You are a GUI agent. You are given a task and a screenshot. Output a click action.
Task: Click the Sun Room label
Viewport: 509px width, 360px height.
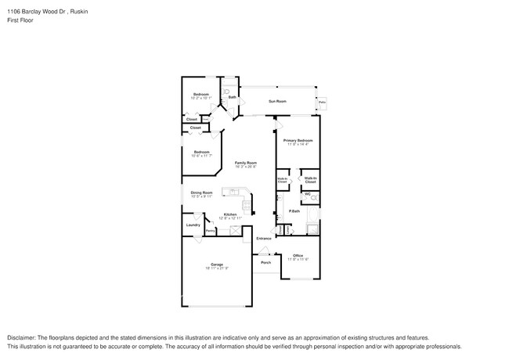pos(277,101)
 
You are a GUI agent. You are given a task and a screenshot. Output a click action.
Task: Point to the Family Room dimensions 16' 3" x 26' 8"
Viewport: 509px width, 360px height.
pos(246,167)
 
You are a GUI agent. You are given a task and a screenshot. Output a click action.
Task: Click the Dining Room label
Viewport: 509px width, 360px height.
pos(201,192)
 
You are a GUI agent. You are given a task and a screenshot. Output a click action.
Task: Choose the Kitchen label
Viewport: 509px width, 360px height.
pos(230,214)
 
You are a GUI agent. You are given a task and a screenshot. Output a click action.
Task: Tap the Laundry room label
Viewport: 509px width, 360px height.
pos(193,225)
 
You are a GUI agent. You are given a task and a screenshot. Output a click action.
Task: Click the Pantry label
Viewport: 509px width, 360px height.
pos(211,231)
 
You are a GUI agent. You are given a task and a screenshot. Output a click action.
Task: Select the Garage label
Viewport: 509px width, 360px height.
pos(216,264)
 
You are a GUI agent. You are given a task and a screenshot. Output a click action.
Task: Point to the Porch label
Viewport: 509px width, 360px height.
pos(266,263)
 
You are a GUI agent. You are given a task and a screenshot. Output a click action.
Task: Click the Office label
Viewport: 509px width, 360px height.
pos(298,255)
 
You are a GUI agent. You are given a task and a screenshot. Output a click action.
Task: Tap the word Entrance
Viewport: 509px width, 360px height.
pos(264,238)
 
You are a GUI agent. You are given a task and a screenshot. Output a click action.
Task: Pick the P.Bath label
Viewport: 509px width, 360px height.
pos(295,211)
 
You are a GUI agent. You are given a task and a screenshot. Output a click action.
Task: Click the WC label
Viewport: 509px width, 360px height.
pos(308,194)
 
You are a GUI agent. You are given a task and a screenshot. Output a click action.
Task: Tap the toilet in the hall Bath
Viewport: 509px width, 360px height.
pos(226,92)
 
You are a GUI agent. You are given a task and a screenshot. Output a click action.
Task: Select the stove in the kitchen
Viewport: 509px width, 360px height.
pos(246,207)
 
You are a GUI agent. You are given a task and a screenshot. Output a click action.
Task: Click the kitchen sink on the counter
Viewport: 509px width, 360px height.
pos(233,191)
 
